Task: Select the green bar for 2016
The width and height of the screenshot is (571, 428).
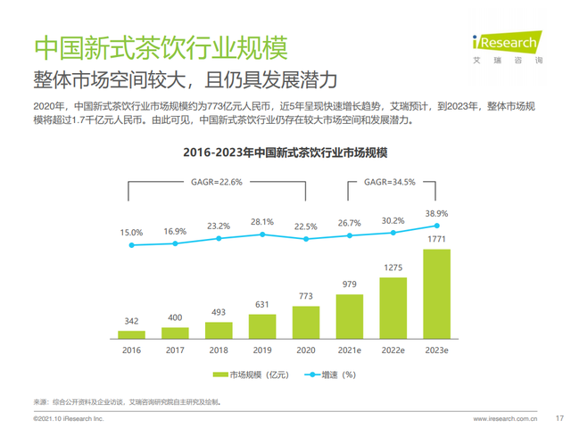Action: click(132, 334)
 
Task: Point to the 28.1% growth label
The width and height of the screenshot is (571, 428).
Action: click(262, 221)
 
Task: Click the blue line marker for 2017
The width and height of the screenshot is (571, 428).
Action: click(176, 243)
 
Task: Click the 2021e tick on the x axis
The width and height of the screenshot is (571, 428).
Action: click(350, 350)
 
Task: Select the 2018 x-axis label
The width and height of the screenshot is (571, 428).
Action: click(219, 350)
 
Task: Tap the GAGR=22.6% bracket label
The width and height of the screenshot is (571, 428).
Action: click(219, 182)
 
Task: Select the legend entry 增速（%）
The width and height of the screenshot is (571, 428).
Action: click(331, 374)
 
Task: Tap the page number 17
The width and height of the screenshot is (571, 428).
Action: click(559, 416)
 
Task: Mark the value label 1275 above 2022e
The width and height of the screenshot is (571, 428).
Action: click(393, 267)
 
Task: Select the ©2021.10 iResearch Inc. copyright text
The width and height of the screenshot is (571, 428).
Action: click(69, 416)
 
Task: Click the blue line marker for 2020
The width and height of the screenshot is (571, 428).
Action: click(306, 238)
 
